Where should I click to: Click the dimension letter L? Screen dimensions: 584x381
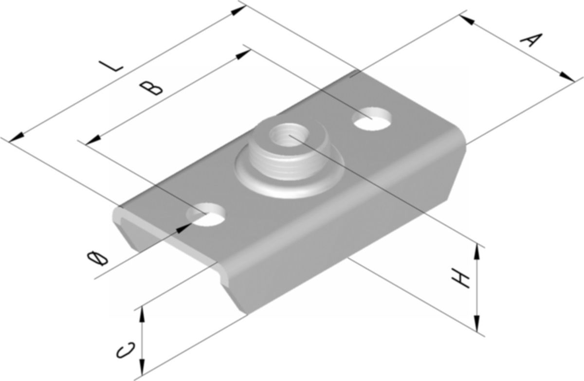[111, 66]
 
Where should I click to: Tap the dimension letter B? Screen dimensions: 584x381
[151, 88]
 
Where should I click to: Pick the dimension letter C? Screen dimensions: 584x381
[126, 350]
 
